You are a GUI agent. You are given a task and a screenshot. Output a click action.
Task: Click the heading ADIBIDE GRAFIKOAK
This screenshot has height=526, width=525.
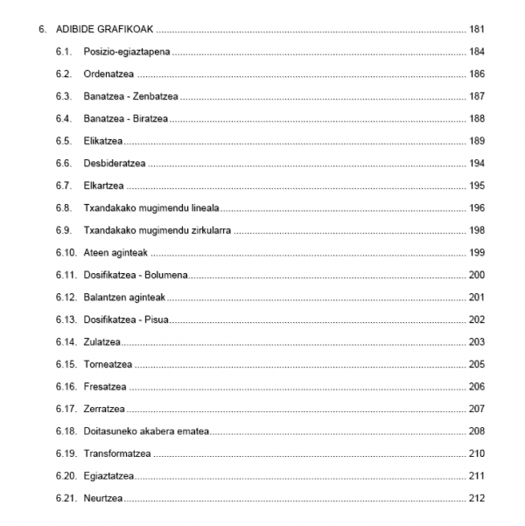(105, 30)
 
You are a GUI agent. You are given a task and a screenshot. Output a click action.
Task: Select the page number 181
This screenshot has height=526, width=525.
(477, 30)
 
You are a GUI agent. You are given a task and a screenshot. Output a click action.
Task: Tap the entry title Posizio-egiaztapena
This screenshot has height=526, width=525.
(127, 52)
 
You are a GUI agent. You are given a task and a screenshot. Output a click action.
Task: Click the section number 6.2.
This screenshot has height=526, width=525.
(62, 74)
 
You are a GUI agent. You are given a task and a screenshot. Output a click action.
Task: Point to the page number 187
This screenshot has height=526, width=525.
(477, 96)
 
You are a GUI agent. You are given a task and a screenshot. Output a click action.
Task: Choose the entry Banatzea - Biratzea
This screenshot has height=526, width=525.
(126, 119)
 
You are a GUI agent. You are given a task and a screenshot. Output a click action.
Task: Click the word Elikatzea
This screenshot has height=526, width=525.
(103, 141)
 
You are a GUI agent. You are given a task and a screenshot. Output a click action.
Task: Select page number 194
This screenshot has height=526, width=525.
(477, 164)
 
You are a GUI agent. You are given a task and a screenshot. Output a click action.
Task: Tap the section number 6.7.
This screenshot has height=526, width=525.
(62, 186)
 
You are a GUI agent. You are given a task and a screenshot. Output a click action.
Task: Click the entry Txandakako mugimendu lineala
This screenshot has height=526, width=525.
(150, 208)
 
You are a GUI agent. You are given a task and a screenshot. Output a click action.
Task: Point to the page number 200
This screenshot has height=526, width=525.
(477, 275)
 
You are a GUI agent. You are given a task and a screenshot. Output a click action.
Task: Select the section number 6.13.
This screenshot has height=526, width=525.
(65, 319)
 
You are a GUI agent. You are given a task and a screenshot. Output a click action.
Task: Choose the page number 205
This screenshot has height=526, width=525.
(477, 364)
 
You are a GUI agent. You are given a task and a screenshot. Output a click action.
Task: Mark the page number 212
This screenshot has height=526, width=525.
(477, 499)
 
